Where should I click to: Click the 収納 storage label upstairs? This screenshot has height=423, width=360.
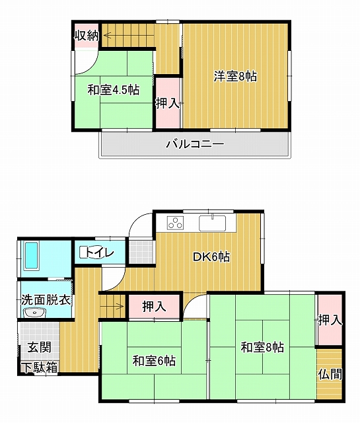[x=87, y=36]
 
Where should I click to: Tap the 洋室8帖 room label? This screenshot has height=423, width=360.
[x=235, y=77]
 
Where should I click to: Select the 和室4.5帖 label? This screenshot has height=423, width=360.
[x=114, y=90]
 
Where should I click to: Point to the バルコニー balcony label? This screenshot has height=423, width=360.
[x=195, y=144]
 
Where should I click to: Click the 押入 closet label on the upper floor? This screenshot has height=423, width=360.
[x=168, y=103]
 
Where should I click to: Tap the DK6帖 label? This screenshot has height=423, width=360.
[x=211, y=256]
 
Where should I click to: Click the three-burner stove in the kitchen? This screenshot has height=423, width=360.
[x=175, y=223]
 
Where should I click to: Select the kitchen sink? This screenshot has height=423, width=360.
[x=213, y=223]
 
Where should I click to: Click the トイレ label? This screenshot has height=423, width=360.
[x=98, y=252]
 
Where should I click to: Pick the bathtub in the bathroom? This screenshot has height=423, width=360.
[x=31, y=256]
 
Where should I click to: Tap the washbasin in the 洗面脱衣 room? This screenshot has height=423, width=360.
[x=34, y=313]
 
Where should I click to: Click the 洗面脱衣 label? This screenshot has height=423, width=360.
[x=46, y=300]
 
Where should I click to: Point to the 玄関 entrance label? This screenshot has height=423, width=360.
[x=40, y=347]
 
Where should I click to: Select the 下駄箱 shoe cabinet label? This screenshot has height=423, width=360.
[x=40, y=367]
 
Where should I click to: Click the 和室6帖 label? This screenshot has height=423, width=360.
[x=154, y=360]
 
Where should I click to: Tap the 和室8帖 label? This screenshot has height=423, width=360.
[x=262, y=347]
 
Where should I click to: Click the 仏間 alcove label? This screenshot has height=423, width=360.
[x=330, y=374]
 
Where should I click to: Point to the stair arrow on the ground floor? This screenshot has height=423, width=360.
[x=112, y=306]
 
